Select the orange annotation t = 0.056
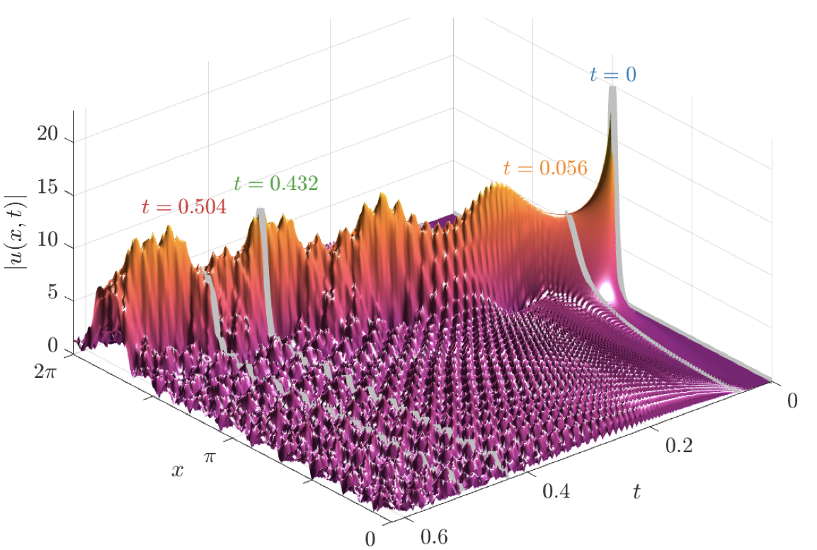(x=545, y=168)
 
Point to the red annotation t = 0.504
(x=183, y=206)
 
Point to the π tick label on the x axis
(x=210, y=457)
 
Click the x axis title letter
(x=177, y=469)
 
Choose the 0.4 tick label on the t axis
(x=556, y=490)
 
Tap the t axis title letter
(x=636, y=491)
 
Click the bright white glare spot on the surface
(x=607, y=290)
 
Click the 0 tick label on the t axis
(x=792, y=400)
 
